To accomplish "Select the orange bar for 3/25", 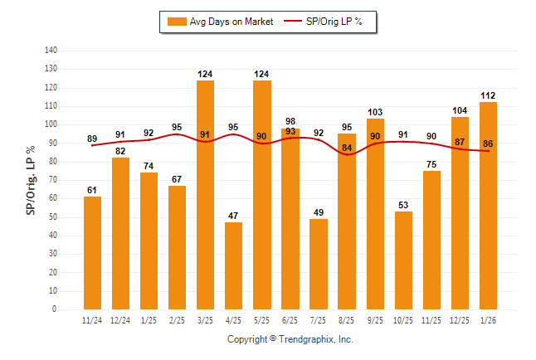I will click(x=205, y=195).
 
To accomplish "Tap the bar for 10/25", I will click(x=403, y=260).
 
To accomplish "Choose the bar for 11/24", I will click(x=92, y=253).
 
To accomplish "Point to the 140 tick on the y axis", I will click(x=51, y=51).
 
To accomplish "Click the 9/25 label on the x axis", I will click(x=375, y=321).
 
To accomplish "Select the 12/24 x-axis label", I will click(x=120, y=321).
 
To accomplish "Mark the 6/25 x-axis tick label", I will click(x=290, y=321).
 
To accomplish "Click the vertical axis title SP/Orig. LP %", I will click(x=31, y=180).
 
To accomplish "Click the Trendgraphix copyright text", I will click(x=290, y=339).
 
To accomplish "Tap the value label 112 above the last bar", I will click(x=488, y=95).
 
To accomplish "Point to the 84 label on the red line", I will click(x=347, y=148).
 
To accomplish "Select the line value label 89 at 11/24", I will click(x=92, y=139).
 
